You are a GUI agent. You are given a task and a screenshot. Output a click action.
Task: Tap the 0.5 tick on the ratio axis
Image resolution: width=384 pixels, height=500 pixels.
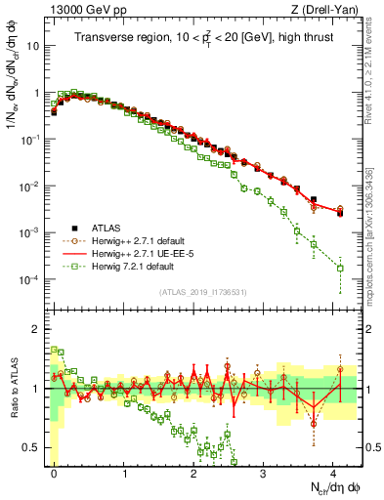coord(35,447)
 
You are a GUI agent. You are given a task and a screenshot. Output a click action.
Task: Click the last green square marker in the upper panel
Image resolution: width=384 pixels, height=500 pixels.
coord(340,268)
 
